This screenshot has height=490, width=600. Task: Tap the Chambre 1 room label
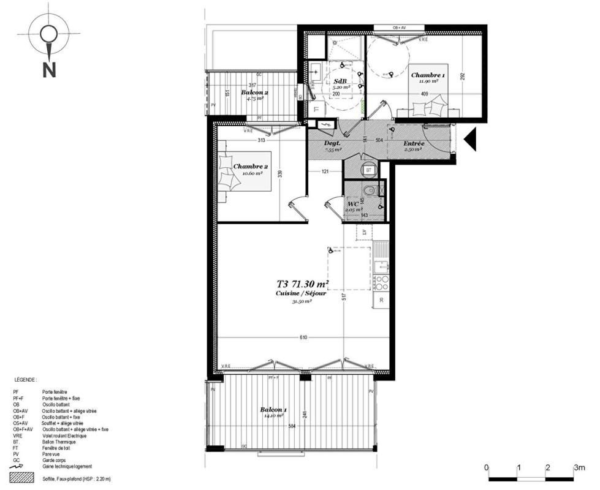pos(428,75)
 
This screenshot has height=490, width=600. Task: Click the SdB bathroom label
pos(340,81)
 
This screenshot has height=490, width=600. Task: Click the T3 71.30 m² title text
pos(303,284)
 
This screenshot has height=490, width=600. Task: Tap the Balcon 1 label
pos(273,409)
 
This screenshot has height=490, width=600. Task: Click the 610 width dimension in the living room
pos(303,337)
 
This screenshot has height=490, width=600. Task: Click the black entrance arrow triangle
pos(471,139)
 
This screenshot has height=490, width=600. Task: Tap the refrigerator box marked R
pos(381,300)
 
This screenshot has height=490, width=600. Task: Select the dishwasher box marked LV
pos(364,233)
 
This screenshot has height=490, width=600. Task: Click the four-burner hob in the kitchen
pos(381,282)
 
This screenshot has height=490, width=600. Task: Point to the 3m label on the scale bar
pos(579,467)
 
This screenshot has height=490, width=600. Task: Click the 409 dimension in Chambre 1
pos(424,94)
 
